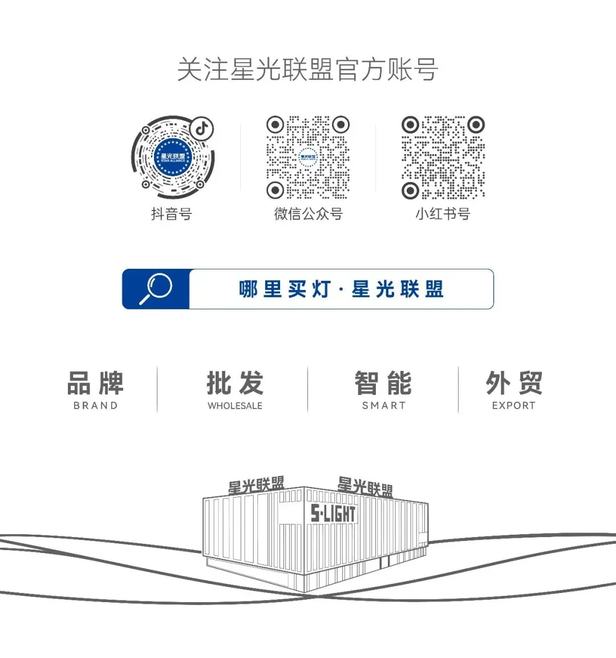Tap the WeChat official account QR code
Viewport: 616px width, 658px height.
[308, 158]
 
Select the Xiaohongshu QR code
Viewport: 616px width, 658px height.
[443, 158]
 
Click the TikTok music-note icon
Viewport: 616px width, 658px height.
[201, 128]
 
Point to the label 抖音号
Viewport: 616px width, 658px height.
[171, 214]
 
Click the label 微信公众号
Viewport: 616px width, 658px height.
[308, 214]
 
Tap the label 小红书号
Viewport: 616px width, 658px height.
[443, 214]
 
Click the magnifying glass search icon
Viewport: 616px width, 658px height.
[156, 289]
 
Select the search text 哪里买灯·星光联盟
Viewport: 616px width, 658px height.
[341, 289]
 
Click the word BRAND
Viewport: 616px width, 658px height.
[95, 406]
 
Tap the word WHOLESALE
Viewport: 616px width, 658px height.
[235, 406]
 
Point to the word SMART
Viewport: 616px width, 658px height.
[384, 406]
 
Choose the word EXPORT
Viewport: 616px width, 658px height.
[513, 406]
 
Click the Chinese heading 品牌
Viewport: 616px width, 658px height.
[95, 383]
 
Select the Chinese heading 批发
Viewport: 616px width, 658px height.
[235, 383]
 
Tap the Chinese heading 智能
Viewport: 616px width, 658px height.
[383, 383]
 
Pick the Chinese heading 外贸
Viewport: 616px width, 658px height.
[514, 383]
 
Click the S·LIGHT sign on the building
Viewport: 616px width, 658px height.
[333, 514]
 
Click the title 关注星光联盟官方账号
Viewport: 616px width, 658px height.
[307, 70]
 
